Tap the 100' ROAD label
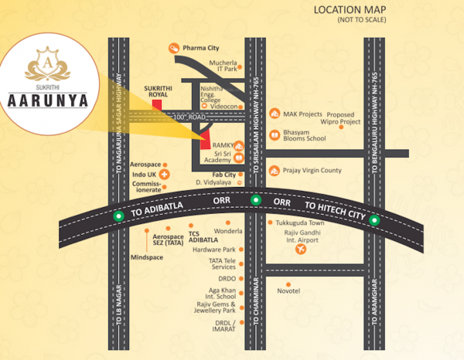point(189,116)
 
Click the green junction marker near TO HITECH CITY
point(374,220)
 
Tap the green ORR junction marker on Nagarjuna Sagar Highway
point(119,216)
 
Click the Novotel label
point(288,290)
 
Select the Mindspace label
point(147,256)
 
